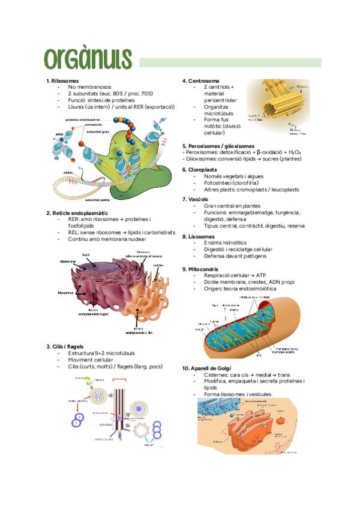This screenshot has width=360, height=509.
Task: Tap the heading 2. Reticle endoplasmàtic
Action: (77, 212)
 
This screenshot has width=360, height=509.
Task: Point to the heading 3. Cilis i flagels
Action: (68, 346)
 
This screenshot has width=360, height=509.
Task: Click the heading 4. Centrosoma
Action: (200, 80)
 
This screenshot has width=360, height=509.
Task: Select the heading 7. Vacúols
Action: (196, 199)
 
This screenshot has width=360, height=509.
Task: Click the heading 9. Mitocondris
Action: (202, 270)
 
